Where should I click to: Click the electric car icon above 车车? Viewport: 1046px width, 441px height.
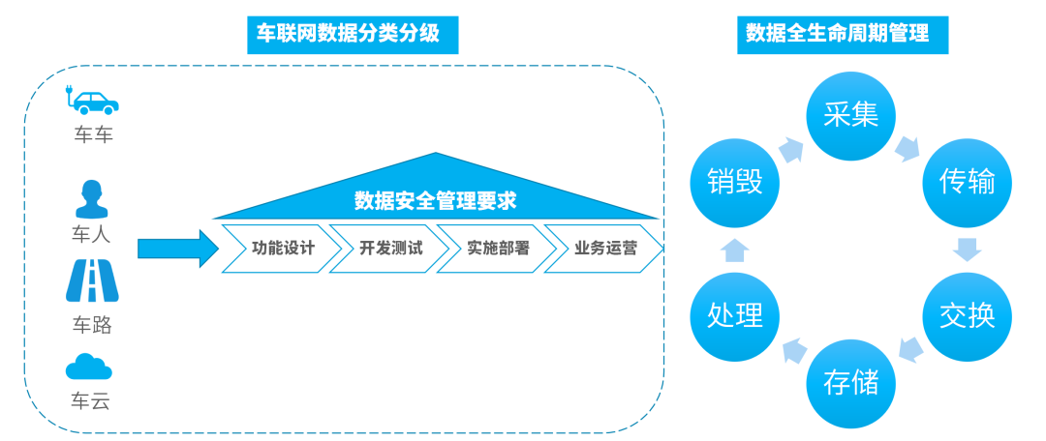[93, 101]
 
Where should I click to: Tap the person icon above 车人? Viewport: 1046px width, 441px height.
[92, 199]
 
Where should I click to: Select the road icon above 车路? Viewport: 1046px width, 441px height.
[92, 281]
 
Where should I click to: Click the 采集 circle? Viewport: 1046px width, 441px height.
[851, 115]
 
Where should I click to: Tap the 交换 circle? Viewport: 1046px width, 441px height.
[967, 315]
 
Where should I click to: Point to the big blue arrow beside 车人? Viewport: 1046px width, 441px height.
[178, 249]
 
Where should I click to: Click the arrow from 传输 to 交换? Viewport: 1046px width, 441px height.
[967, 249]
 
